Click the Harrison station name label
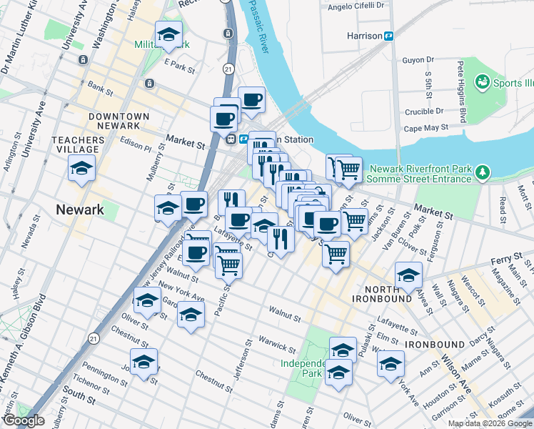click(x=363, y=35)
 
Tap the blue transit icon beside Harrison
click(x=390, y=35)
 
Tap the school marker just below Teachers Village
click(x=82, y=169)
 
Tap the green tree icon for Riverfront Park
click(x=483, y=172)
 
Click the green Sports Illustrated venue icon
click(x=482, y=83)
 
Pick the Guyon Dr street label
click(x=418, y=60)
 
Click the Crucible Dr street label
click(x=423, y=112)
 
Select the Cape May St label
click(x=425, y=128)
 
